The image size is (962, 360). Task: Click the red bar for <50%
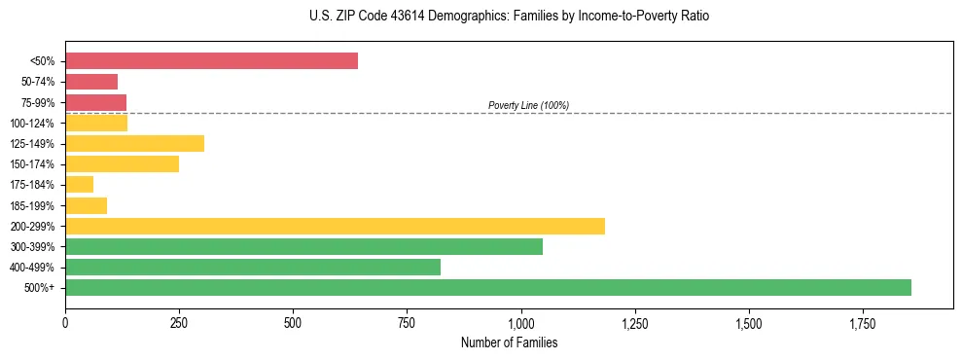(x=211, y=61)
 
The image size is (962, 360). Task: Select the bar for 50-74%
(x=91, y=82)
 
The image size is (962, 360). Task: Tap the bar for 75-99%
(x=95, y=102)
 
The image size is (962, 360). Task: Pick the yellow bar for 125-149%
(x=134, y=144)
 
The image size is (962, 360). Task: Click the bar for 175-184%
(x=79, y=185)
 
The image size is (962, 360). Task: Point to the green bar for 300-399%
(x=303, y=246)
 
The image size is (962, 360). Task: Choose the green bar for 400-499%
(x=253, y=267)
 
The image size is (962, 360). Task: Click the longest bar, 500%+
(x=488, y=287)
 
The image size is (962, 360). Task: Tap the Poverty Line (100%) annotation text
(x=528, y=105)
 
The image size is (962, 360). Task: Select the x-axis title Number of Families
(x=509, y=342)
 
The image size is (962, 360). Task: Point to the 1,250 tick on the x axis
(x=635, y=322)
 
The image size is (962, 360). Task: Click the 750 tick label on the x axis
(x=408, y=322)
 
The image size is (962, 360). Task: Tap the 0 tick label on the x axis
(x=65, y=322)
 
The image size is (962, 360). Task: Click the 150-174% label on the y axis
(x=32, y=164)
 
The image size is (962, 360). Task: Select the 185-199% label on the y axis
(x=32, y=205)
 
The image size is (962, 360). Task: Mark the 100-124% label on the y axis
(x=32, y=124)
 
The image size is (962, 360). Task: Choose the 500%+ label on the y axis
(x=40, y=288)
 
